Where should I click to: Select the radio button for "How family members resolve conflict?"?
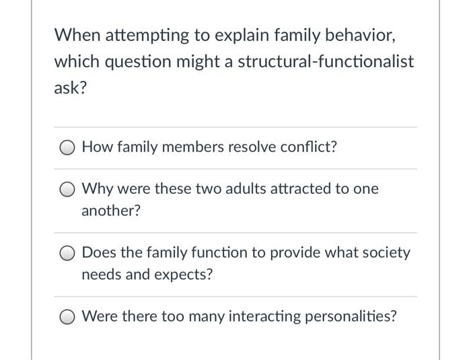coord(69,147)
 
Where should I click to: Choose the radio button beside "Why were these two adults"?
coord(69,189)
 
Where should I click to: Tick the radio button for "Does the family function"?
coord(69,253)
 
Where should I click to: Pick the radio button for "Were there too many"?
coord(69,316)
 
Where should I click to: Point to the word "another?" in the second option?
coord(111,211)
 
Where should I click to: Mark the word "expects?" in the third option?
coord(184,275)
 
